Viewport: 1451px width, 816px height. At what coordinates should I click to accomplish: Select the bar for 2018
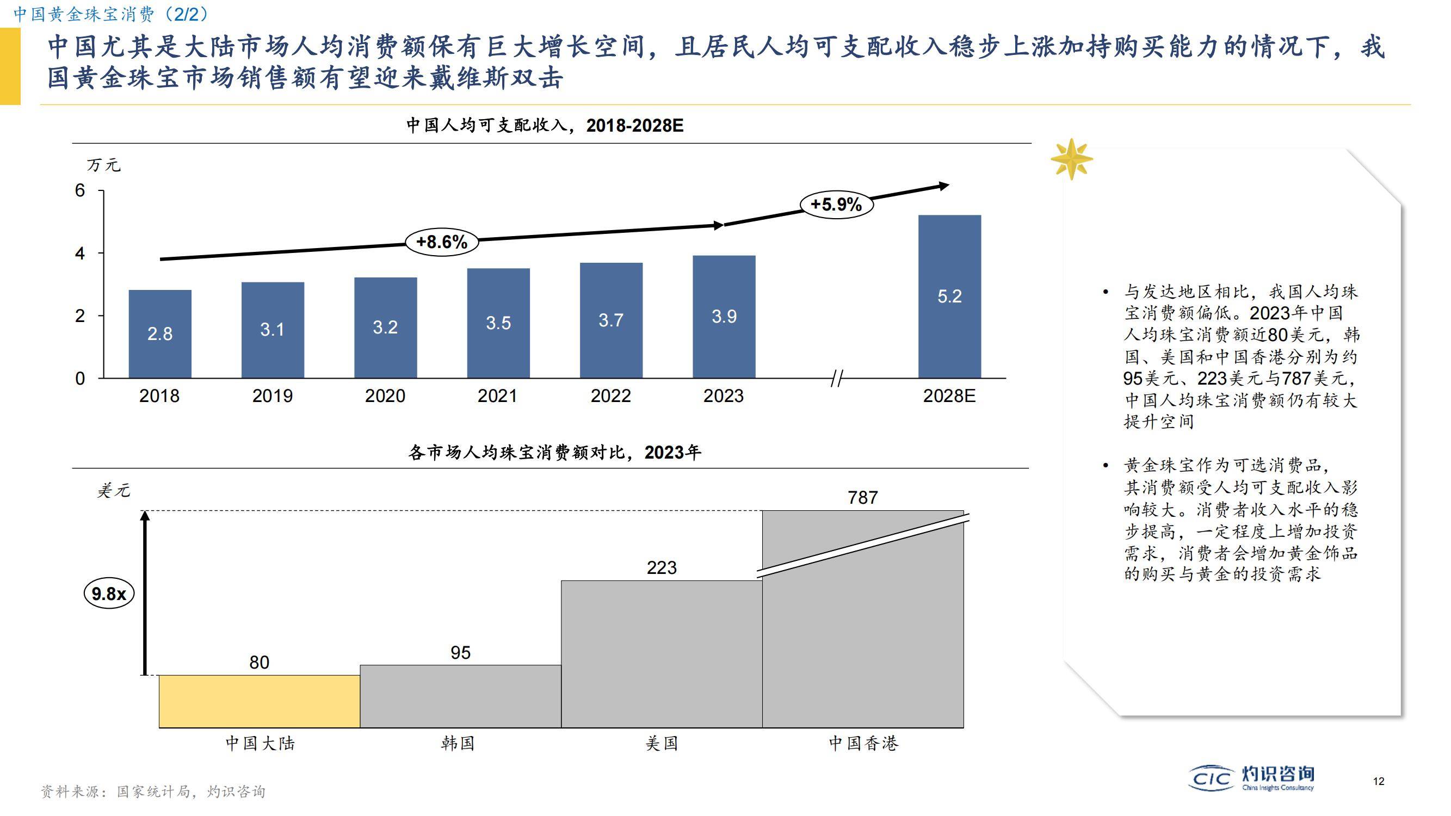click(x=160, y=333)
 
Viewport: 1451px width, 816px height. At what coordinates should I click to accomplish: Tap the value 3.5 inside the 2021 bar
click(x=498, y=323)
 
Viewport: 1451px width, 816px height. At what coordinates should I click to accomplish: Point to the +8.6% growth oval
click(x=442, y=242)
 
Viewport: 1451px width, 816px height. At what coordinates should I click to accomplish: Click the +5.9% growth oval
click(x=836, y=204)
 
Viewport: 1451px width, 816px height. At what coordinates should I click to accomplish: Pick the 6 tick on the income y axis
click(x=80, y=191)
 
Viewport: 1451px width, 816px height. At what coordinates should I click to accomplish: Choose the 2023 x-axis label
click(x=723, y=396)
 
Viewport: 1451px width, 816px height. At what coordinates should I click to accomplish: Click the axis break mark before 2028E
click(x=836, y=379)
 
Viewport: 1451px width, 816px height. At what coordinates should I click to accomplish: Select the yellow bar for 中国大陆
click(x=259, y=701)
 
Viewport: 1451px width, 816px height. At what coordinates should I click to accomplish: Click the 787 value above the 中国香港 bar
click(x=862, y=498)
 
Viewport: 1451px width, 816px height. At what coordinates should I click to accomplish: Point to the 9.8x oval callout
click(x=109, y=594)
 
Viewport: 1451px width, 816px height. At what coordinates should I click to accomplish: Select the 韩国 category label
click(x=458, y=743)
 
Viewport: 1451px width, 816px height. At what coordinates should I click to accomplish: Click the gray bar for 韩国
click(x=460, y=696)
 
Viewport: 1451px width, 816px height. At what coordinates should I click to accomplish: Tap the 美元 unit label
click(x=113, y=491)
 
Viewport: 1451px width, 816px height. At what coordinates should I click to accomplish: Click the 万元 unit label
click(x=103, y=165)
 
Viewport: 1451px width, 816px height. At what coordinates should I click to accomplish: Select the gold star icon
click(x=1071, y=159)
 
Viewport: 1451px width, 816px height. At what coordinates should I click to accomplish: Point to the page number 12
click(x=1378, y=781)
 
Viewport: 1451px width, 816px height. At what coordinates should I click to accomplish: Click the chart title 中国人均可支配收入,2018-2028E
click(x=544, y=125)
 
